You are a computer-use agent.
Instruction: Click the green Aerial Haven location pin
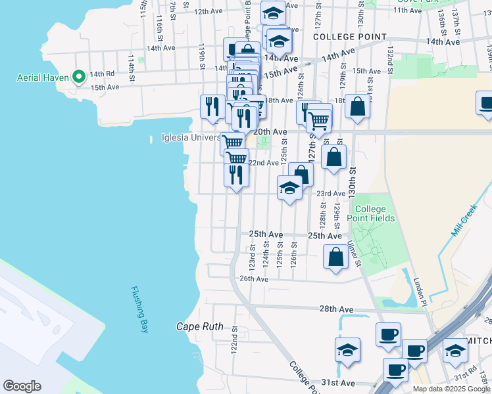pyautogui.click(x=78, y=77)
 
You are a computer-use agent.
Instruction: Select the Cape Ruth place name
pyautogui.click(x=199, y=326)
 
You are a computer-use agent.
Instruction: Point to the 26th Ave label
pyautogui.click(x=254, y=278)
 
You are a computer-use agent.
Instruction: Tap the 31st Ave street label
pyautogui.click(x=338, y=382)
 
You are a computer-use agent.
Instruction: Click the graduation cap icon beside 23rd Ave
pyautogui.click(x=289, y=188)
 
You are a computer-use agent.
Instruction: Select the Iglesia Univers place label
pyautogui.click(x=191, y=138)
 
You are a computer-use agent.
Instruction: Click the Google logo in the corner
pyautogui.click(x=22, y=386)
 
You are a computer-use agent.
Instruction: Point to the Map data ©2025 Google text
pyautogui.click(x=451, y=389)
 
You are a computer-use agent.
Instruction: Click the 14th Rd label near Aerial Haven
pyautogui.click(x=102, y=74)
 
